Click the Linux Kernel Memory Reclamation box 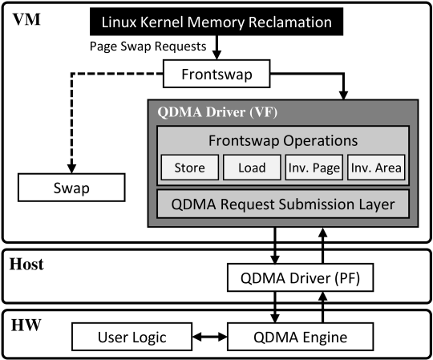pos(216,22)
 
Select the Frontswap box pos(216,74)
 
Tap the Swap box pos(71,188)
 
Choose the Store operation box pos(190,168)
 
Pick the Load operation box pos(252,168)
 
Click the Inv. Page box pos(314,168)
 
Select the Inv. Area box pos(376,168)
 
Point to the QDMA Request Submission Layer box pos(283,204)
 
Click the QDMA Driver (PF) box pos(300,277)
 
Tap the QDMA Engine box pos(300,337)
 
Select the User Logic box pos(132,337)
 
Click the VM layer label pos(26,19)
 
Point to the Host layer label pos(26,265)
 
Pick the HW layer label pos(26,325)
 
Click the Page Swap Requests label pos(148,47)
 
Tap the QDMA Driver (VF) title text pos(217,112)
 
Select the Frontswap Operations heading pos(283,140)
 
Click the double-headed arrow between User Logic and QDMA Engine pos(209,337)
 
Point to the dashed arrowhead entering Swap pos(71,168)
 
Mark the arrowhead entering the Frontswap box pos(216,55)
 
